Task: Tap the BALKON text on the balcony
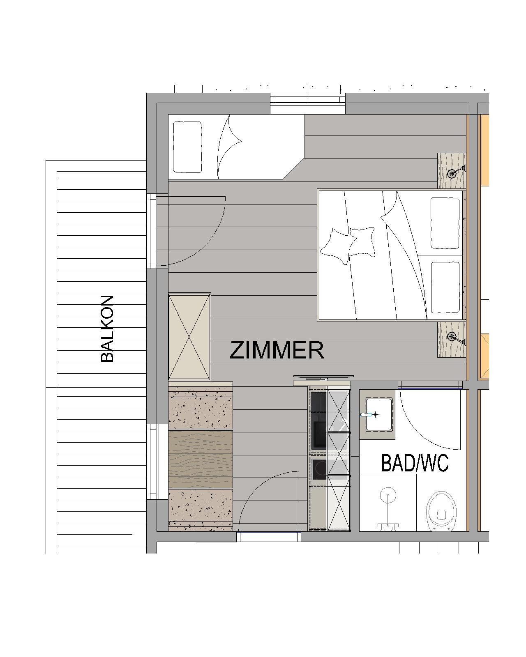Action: tap(107, 328)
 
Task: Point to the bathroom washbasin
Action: tap(379, 414)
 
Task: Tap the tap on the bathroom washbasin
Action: tap(366, 414)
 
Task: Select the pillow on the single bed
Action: tap(187, 147)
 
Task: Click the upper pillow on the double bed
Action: tap(445, 223)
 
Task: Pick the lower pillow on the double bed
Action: tap(445, 287)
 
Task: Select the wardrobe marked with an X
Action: tap(189, 337)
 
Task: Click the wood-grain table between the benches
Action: tap(201, 459)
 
